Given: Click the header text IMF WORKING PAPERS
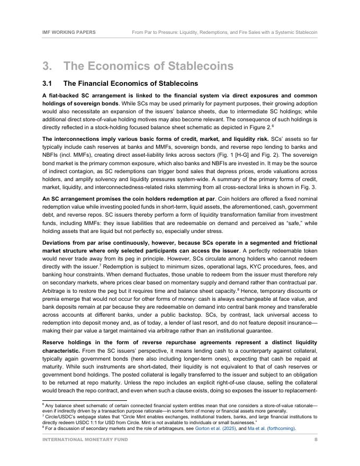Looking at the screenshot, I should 69,32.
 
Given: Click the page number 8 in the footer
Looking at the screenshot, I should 316,440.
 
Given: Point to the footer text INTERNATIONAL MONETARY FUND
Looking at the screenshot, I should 85,440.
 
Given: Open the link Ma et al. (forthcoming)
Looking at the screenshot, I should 269,428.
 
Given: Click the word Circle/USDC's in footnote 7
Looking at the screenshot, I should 58,417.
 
